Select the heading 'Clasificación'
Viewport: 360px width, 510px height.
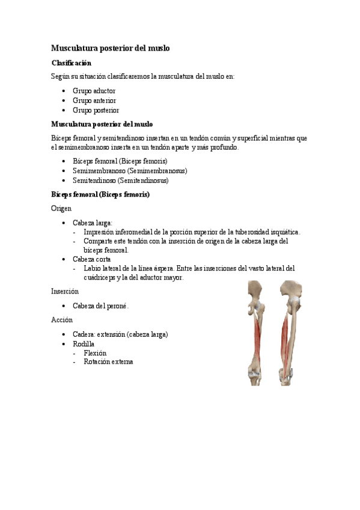pos(71,63)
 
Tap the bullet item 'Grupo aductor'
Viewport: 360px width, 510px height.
pos(94,91)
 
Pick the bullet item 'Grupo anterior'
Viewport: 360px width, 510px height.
pos(94,100)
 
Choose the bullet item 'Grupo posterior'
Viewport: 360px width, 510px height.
pos(96,110)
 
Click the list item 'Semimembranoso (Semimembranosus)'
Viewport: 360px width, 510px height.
pos(130,170)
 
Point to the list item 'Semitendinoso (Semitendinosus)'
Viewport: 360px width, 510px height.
pos(120,180)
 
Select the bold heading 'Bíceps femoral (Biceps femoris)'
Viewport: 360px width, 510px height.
pos(100,195)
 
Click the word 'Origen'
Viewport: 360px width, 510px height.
pos(61,208)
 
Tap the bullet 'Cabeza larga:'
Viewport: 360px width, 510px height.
pos(93,222)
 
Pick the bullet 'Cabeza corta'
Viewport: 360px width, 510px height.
pos(92,259)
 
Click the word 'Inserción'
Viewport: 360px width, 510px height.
pos(65,291)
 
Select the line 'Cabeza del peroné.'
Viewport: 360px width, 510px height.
pos(101,306)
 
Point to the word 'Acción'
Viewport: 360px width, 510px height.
pos(62,319)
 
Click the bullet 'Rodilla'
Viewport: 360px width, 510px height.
pos(84,343)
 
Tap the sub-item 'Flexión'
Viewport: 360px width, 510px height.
pos(96,353)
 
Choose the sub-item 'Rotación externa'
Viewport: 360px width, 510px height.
pos(109,362)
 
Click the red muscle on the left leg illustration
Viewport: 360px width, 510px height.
pos(258,337)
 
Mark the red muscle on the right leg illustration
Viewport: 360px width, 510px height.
pos(285,337)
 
